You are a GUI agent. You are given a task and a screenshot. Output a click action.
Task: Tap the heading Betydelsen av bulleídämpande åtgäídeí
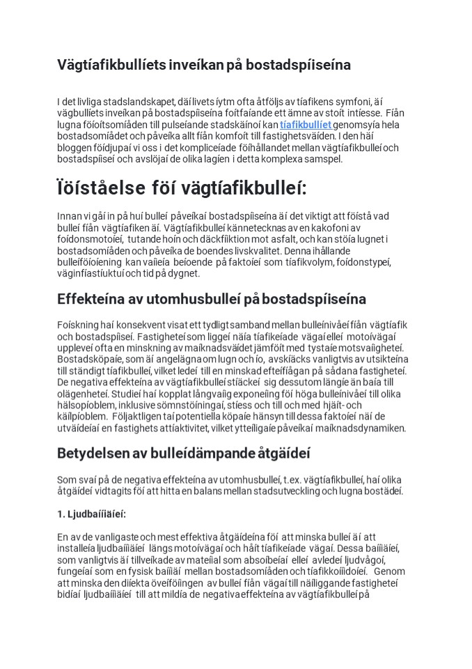click(174, 453)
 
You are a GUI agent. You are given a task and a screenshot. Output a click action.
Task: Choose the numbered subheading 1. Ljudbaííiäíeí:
click(91, 515)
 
